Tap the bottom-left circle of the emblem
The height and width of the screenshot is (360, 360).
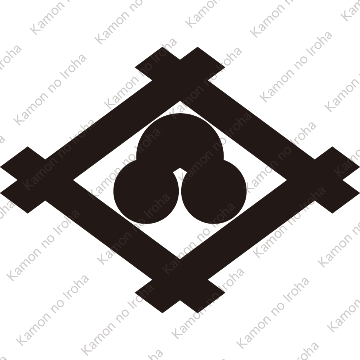pyautogui.click(x=146, y=192)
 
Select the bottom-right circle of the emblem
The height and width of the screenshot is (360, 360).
pyautogui.click(x=214, y=192)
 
